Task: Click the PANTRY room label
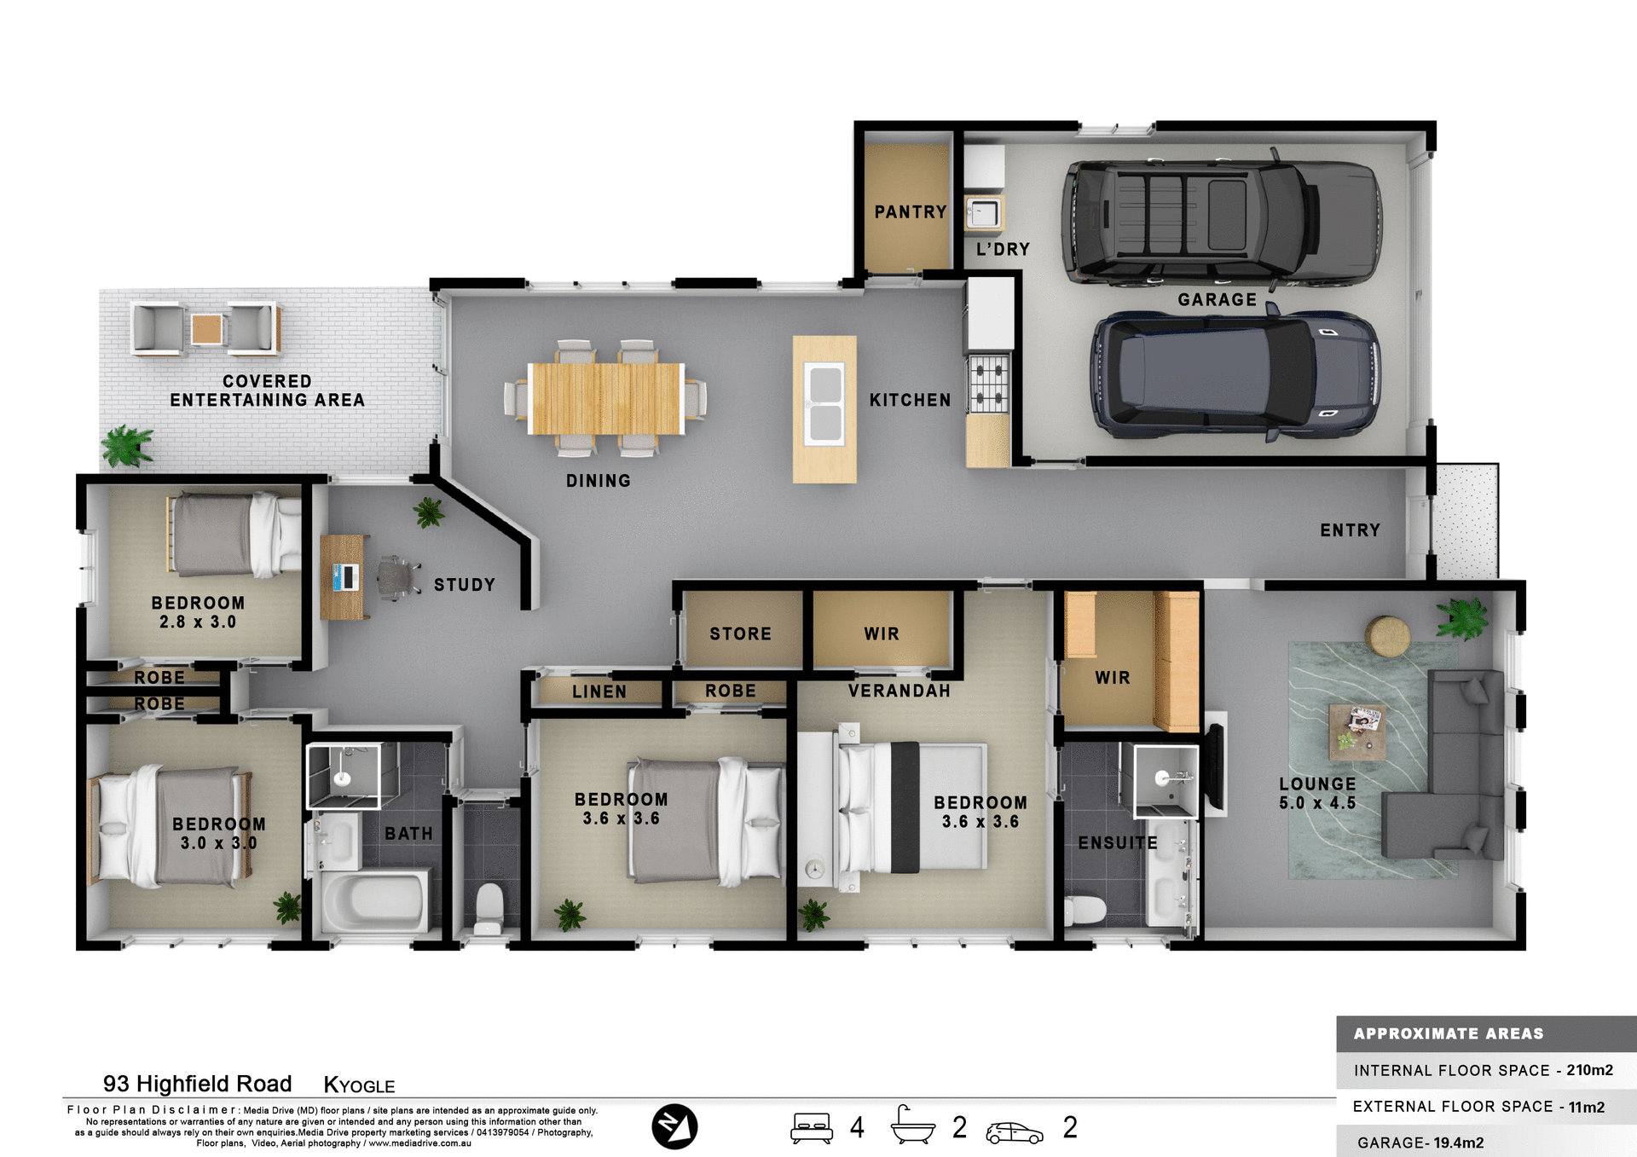click(910, 211)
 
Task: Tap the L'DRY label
click(1003, 249)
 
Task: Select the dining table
click(605, 398)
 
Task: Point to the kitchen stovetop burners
click(989, 384)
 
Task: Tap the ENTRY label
click(1350, 530)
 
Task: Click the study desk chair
click(396, 577)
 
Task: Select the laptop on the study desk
click(345, 577)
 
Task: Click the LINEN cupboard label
click(599, 691)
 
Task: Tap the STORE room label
click(740, 633)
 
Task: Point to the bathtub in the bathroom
click(373, 902)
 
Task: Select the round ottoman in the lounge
click(1387, 636)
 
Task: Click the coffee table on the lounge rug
click(1356, 731)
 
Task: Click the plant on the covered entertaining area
click(127, 445)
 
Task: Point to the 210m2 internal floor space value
click(1589, 1070)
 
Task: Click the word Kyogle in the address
click(359, 1085)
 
